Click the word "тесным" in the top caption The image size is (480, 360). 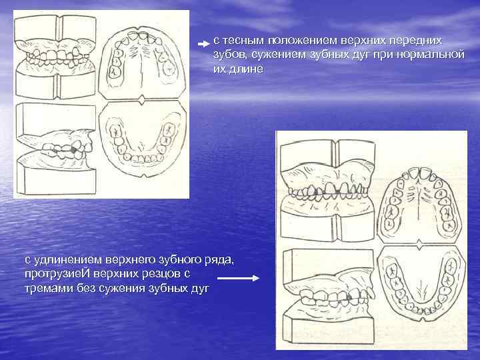point(242,41)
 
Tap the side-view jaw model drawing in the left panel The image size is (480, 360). point(57,150)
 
